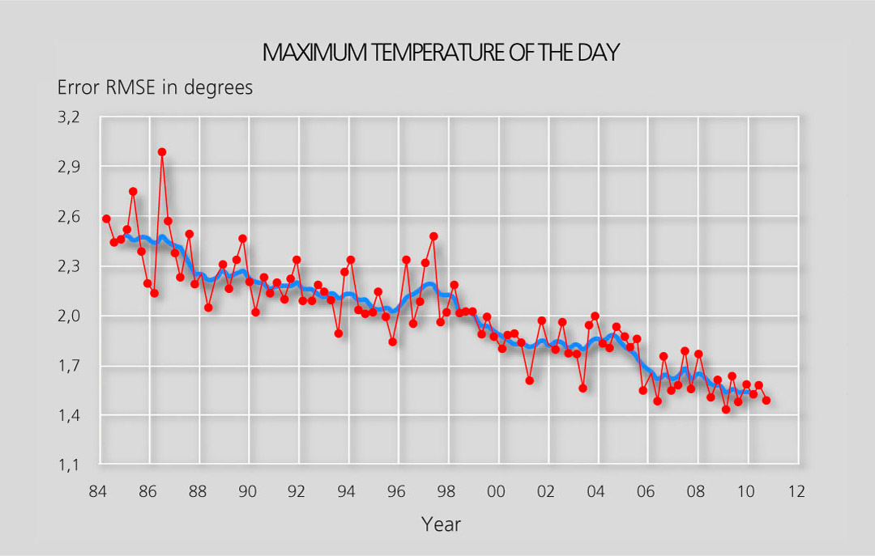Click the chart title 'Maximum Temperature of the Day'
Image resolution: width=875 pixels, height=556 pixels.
pyautogui.click(x=442, y=53)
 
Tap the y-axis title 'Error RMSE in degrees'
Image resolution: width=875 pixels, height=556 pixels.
pyautogui.click(x=155, y=87)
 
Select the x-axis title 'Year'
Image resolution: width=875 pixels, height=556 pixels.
pyautogui.click(x=441, y=524)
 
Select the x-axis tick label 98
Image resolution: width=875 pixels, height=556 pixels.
pyautogui.click(x=446, y=490)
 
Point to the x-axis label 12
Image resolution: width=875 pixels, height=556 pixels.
pyautogui.click(x=796, y=490)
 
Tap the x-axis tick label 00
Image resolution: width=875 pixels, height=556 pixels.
pyautogui.click(x=497, y=490)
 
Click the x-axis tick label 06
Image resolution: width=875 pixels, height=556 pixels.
pyautogui.click(x=646, y=490)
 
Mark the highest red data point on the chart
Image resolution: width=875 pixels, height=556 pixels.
pyautogui.click(x=162, y=152)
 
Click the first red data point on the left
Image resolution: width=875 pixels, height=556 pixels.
pyautogui.click(x=106, y=219)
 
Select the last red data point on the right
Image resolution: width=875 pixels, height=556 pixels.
pyautogui.click(x=766, y=400)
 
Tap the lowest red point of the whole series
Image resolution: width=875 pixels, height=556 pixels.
pyautogui.click(x=726, y=410)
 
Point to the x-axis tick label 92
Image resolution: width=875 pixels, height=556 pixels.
pyautogui.click(x=297, y=490)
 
